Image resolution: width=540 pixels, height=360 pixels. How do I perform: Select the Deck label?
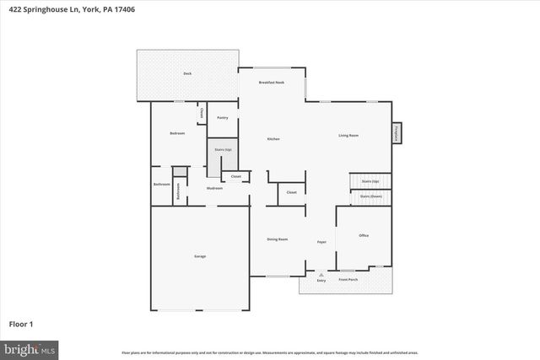186,73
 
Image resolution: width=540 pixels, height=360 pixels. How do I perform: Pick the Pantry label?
223,117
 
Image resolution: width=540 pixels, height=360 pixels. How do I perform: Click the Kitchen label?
273,138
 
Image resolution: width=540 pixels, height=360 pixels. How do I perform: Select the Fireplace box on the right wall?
396,133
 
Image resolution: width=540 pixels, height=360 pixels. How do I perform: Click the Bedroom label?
177,133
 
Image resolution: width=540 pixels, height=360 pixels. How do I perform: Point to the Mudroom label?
214,188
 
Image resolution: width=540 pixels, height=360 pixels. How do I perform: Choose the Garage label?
200,256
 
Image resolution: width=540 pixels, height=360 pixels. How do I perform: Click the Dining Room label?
278,239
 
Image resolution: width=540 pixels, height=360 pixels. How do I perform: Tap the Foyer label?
321,242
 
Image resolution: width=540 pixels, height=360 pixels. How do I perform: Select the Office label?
364,235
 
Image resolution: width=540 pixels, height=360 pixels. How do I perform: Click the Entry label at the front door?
321,280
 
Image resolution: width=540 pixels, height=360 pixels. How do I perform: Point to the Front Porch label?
349,279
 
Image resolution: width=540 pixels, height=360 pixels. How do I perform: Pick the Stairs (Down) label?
370,196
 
